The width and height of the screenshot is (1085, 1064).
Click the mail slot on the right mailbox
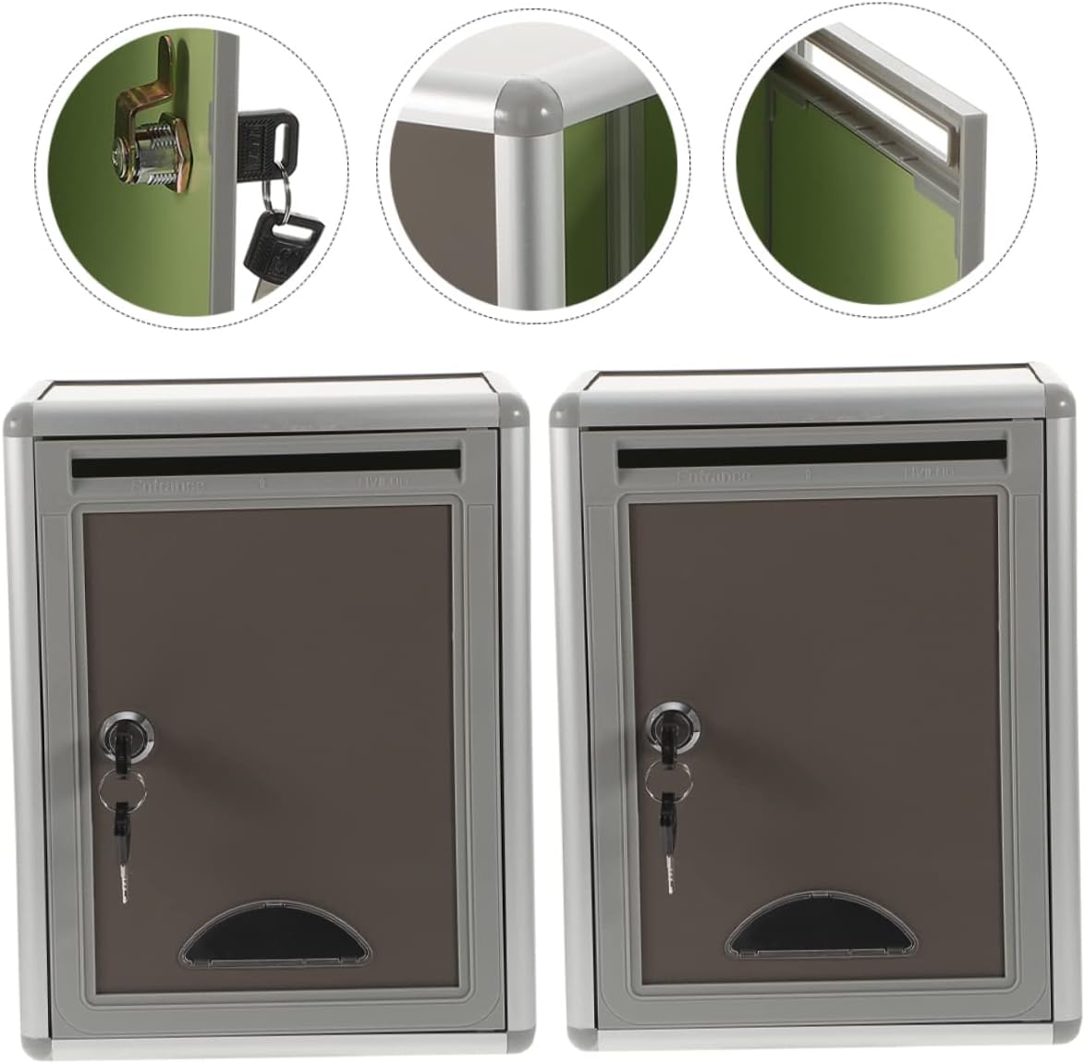(x=811, y=454)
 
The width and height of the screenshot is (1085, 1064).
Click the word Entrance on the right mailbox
(x=713, y=477)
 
